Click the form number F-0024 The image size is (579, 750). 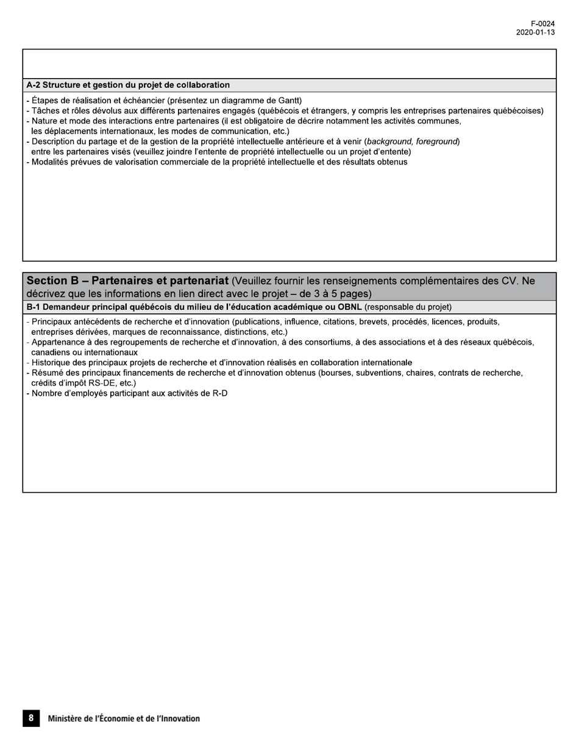click(542, 24)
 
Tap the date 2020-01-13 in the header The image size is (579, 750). click(535, 32)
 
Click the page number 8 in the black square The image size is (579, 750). click(31, 718)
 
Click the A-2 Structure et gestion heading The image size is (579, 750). click(128, 85)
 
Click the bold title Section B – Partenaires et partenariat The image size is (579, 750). click(127, 281)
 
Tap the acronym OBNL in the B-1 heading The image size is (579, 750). click(350, 307)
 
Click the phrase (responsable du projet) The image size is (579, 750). click(408, 307)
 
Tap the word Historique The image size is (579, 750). click(51, 363)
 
